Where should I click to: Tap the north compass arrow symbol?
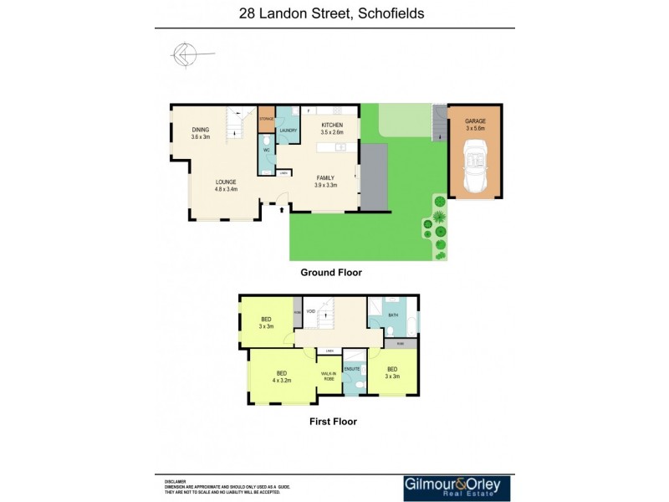[184, 55]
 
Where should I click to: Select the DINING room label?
[200, 133]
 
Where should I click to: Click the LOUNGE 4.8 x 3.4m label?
[226, 185]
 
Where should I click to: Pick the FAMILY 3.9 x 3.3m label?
[325, 181]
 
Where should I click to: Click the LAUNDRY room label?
[289, 131]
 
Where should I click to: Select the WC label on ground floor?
[267, 151]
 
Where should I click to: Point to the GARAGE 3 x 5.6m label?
[475, 125]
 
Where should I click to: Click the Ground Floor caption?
[331, 273]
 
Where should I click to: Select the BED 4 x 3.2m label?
[282, 376]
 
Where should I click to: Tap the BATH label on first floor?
[393, 315]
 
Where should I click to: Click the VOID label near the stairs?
[309, 311]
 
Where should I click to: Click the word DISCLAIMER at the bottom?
[176, 482]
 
